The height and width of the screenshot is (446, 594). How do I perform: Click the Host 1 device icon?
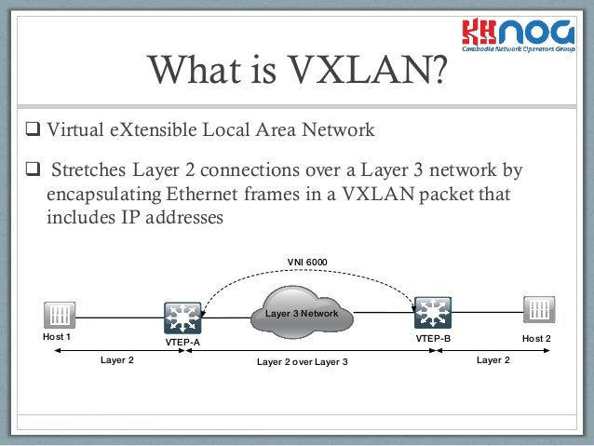pyautogui.click(x=58, y=314)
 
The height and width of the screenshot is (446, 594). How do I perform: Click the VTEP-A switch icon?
pyautogui.click(x=182, y=318)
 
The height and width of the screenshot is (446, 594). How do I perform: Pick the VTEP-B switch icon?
pyautogui.click(x=433, y=312)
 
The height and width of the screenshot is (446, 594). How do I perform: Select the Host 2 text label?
pyautogui.click(x=536, y=337)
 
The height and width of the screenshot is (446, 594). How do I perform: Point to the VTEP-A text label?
pyautogui.click(x=182, y=343)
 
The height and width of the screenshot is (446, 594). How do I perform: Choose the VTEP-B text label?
pyautogui.click(x=433, y=337)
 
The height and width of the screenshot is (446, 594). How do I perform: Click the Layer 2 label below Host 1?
pyautogui.click(x=116, y=359)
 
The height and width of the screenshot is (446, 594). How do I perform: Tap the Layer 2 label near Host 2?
pyautogui.click(x=493, y=358)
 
